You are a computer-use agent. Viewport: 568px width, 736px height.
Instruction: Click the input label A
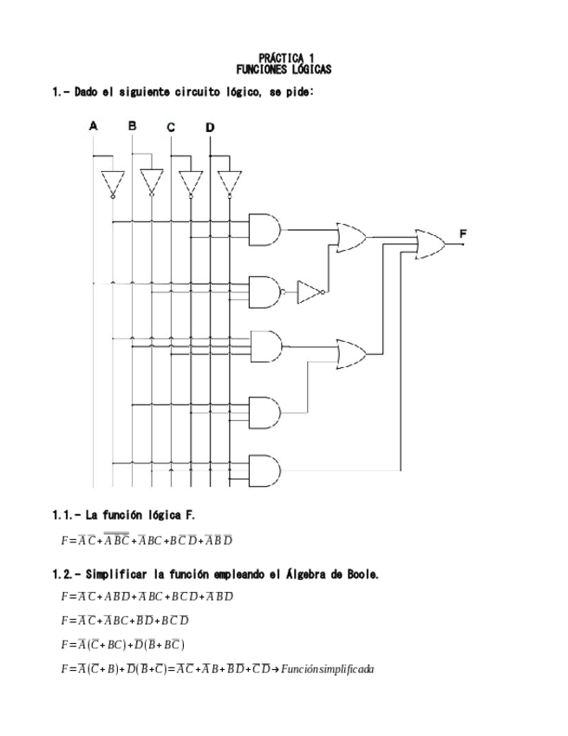point(94,126)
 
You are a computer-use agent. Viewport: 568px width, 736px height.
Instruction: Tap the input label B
point(132,126)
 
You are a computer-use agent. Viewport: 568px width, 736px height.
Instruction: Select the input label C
point(171,128)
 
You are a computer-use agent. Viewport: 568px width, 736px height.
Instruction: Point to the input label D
point(210,128)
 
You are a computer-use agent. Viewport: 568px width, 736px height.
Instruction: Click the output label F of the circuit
point(463,234)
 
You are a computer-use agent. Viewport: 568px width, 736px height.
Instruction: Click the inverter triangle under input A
point(112,183)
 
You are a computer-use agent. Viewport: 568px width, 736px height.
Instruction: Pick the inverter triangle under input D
point(229,183)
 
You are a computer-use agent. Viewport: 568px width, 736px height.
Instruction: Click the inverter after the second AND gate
point(310,292)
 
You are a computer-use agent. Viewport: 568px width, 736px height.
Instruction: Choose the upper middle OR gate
point(351,237)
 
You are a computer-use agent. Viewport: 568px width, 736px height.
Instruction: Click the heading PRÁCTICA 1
point(284,57)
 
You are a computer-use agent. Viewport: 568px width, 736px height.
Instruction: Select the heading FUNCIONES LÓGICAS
point(284,69)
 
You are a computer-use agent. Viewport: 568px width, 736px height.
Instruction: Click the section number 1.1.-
point(68,516)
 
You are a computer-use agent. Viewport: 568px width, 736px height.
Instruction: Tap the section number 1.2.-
point(68,575)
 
